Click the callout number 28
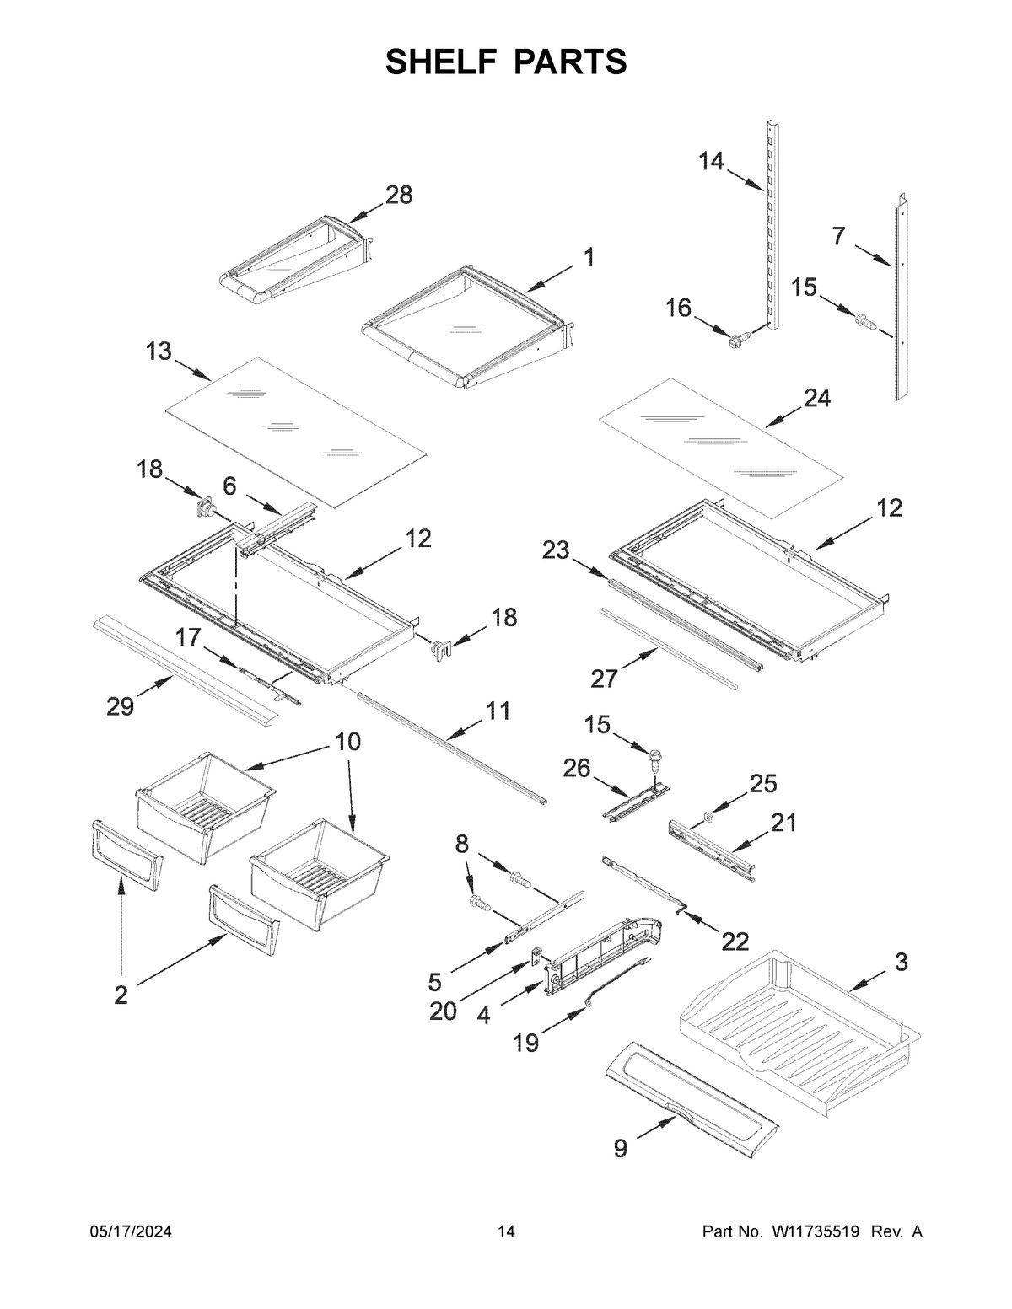[399, 196]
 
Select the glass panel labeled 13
[295, 430]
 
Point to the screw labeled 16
[739, 340]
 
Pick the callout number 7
[837, 237]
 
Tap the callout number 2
[121, 995]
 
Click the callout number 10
[347, 742]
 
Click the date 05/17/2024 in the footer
[131, 1232]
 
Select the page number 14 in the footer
[506, 1232]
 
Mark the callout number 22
[735, 941]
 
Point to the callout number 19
[525, 1043]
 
